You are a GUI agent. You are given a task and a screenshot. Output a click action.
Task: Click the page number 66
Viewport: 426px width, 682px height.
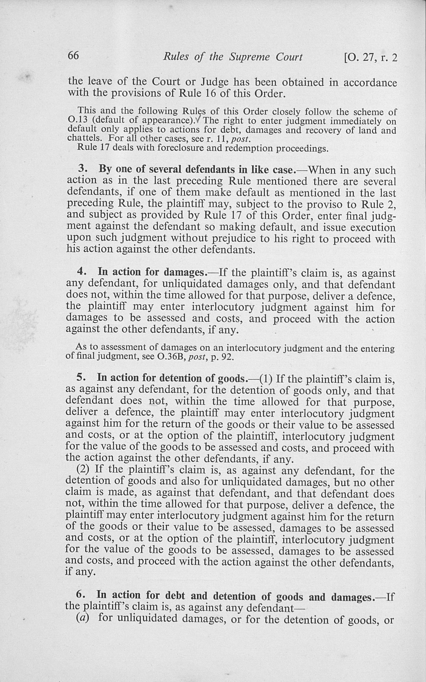coord(73,55)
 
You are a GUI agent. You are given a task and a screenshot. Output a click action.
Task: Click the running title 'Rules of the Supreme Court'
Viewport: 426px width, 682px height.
coord(233,57)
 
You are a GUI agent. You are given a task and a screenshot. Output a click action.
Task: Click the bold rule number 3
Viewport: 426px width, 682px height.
coord(82,169)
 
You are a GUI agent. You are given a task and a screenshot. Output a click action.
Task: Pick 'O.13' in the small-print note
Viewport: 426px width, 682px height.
coord(77,120)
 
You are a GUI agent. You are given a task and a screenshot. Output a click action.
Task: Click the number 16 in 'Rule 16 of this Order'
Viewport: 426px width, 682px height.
coord(210,93)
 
